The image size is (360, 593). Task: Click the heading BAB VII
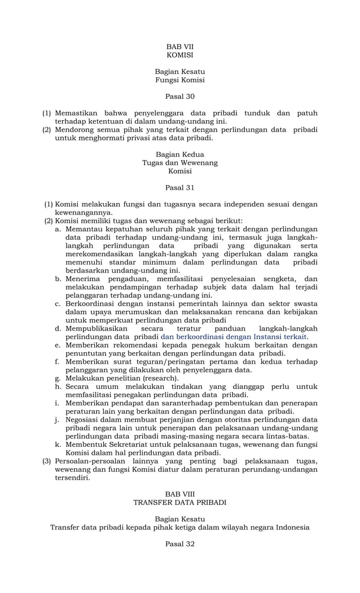179,46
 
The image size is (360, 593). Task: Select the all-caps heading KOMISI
179,55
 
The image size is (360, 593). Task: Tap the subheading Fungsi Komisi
179,81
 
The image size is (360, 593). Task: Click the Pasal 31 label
179,187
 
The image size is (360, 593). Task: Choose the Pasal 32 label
179,544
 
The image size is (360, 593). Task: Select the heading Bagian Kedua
179,154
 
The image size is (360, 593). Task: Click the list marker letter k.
58,444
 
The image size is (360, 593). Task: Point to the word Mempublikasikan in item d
96,328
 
